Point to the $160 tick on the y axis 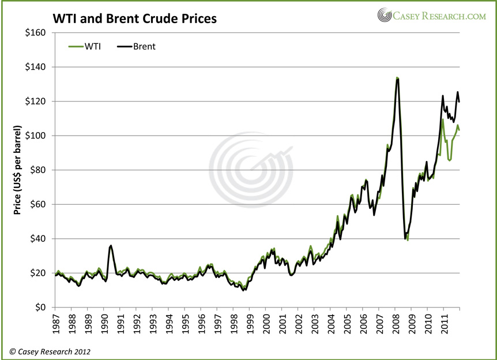click(x=36, y=33)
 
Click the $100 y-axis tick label click(x=36, y=136)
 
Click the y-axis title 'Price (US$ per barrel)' click(x=18, y=170)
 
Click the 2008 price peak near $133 click(x=397, y=78)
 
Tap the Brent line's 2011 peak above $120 click(x=458, y=92)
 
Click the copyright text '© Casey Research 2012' click(x=49, y=351)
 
